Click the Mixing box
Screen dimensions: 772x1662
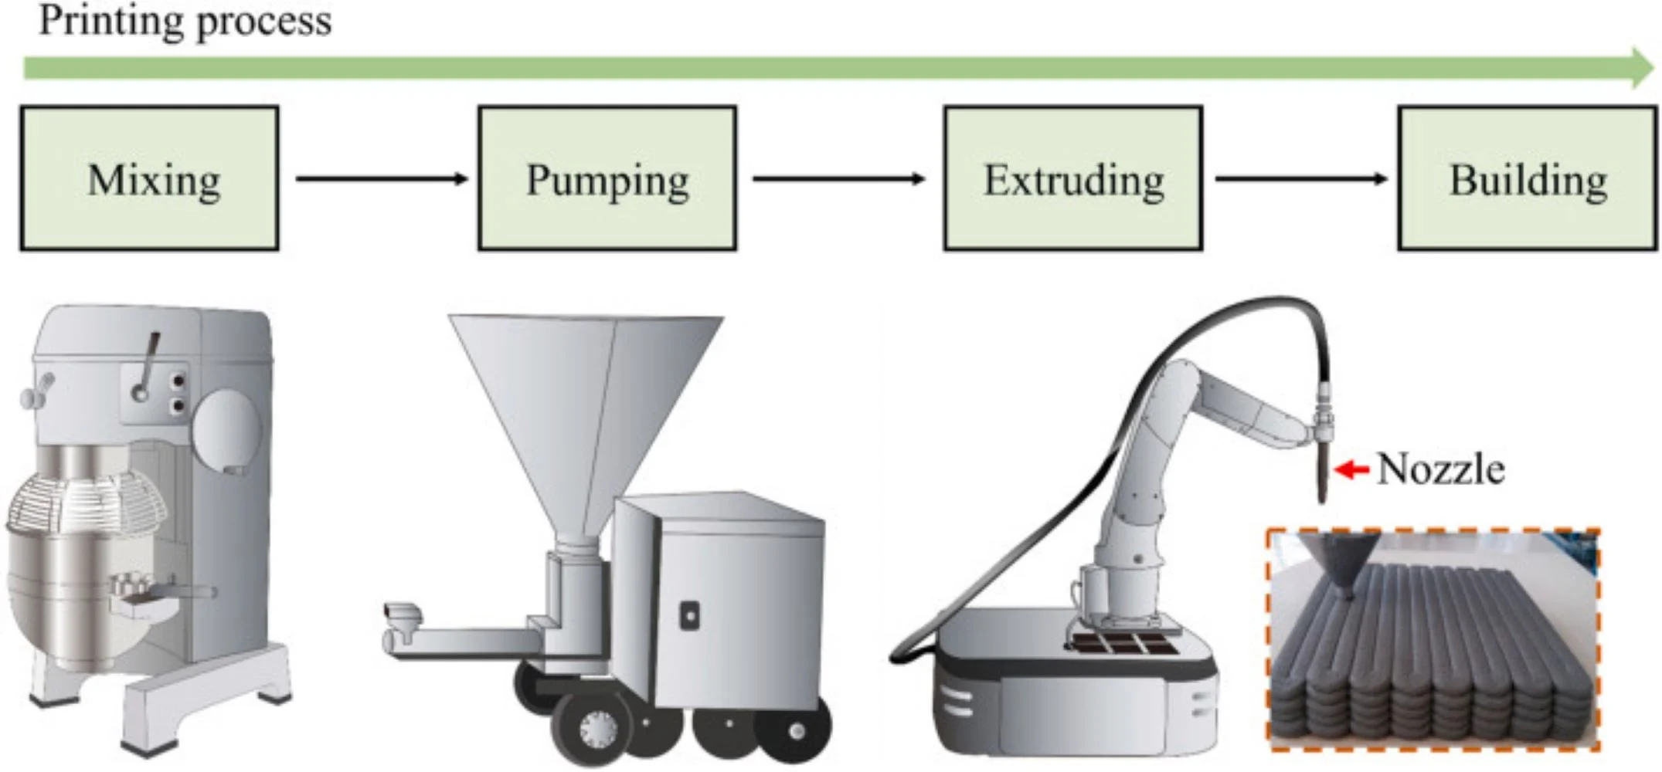(x=149, y=178)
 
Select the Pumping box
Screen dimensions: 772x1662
(x=607, y=178)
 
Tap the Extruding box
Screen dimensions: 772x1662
(x=1072, y=178)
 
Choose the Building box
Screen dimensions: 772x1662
(x=1527, y=178)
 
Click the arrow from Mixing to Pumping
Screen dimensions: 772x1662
(x=381, y=178)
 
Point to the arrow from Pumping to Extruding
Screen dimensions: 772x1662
(x=838, y=178)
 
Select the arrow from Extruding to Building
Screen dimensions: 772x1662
(x=1300, y=178)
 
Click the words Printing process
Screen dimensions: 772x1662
(x=185, y=21)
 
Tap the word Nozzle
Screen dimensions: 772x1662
(x=1440, y=469)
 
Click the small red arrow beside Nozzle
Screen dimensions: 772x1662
(x=1351, y=469)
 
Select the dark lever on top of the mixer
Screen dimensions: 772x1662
(x=147, y=363)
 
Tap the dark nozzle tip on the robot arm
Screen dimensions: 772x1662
(x=1322, y=479)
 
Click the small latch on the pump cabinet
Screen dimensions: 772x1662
(x=688, y=615)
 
